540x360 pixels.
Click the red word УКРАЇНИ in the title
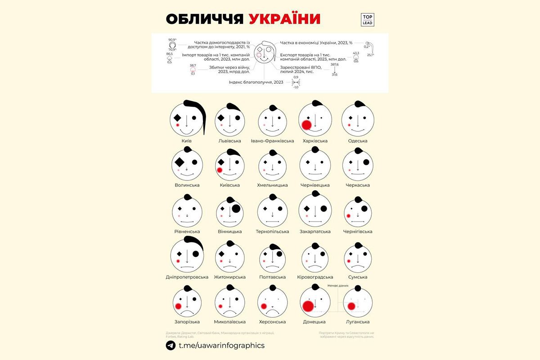coord(284,19)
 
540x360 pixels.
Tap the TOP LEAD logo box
coord(367,19)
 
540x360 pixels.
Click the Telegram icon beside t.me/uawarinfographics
coord(171,345)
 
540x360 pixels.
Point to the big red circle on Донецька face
coord(308,306)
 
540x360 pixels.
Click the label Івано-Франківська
coord(272,141)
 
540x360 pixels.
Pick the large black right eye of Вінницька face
coord(235,208)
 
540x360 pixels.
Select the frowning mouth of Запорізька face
coord(187,312)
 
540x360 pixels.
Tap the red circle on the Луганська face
coord(351,306)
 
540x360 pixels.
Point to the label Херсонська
coord(272,322)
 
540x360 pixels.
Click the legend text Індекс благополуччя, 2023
coord(256,82)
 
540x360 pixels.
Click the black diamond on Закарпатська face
coord(306,208)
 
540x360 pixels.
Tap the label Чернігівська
coord(358,231)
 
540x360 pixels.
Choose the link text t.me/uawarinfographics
coord(221,345)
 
